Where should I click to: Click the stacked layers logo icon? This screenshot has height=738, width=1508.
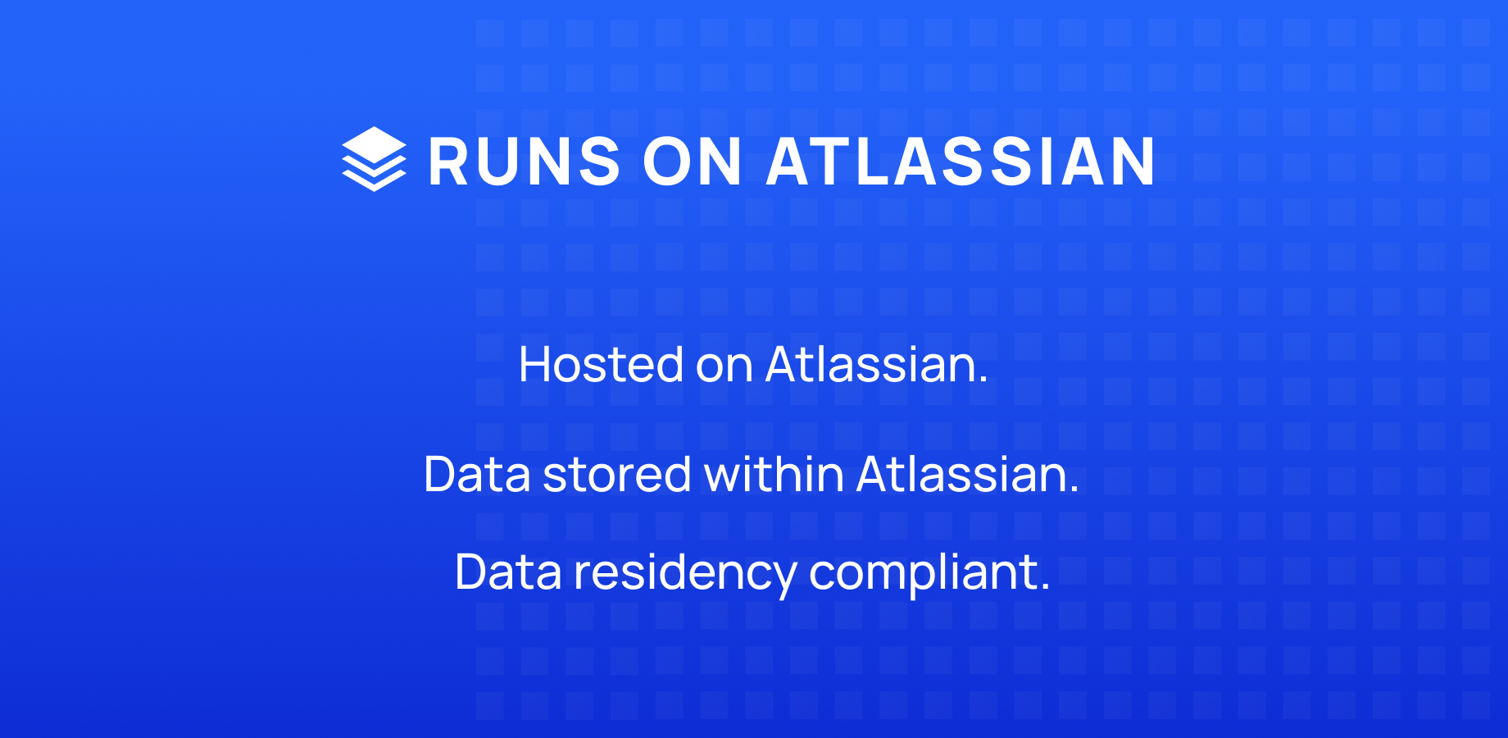click(x=374, y=159)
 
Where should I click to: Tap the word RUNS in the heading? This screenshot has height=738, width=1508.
click(x=525, y=162)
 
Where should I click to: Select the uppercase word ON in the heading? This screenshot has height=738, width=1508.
click(x=693, y=162)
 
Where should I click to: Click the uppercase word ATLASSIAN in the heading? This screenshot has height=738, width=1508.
click(x=961, y=162)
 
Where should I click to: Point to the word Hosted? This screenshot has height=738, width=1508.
click(x=601, y=364)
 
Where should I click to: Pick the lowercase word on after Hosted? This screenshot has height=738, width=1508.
click(x=724, y=366)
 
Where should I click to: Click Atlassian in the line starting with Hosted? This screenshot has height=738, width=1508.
click(x=876, y=364)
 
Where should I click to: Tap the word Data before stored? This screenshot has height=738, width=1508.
click(x=477, y=474)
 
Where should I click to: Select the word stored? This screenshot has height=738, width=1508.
click(x=616, y=474)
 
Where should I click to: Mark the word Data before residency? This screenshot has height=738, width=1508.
click(x=508, y=572)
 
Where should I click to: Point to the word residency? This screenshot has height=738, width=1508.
click(x=684, y=573)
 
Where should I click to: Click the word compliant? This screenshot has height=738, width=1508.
click(x=924, y=573)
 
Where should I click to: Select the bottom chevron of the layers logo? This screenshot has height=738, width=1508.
click(x=374, y=182)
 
